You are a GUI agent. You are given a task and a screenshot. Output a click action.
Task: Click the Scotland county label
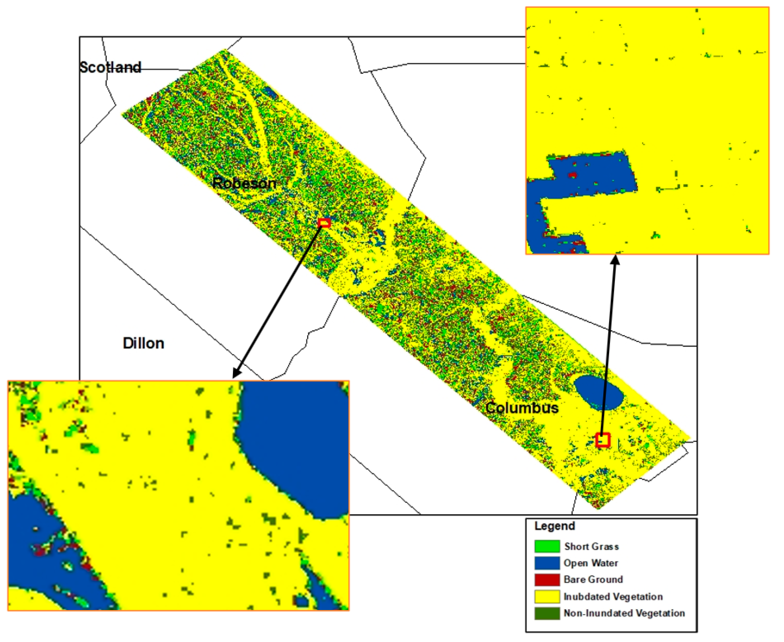point(111,67)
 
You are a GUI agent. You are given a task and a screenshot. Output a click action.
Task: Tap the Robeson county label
point(245,183)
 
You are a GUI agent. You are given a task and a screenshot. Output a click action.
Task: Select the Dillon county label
point(144,343)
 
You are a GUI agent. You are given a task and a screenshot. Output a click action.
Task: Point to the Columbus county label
point(522,407)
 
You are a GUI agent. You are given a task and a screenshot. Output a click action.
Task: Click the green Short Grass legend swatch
point(547,546)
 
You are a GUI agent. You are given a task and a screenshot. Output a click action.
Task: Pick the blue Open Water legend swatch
point(547,563)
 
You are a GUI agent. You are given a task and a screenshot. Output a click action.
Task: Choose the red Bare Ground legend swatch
point(547,579)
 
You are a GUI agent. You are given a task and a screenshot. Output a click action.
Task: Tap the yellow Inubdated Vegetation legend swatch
point(547,597)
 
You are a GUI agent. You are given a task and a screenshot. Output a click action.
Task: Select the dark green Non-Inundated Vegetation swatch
point(547,613)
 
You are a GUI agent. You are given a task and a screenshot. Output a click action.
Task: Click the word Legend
point(554,526)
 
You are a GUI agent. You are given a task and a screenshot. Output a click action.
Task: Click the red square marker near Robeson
point(324,223)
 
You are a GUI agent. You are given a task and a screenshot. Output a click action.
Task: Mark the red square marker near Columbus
point(603,440)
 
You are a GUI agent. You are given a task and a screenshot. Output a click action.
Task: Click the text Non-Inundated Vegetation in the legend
point(624,613)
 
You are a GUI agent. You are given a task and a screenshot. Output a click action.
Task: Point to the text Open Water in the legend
point(591,563)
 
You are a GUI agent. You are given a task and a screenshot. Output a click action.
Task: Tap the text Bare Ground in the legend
point(593,579)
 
